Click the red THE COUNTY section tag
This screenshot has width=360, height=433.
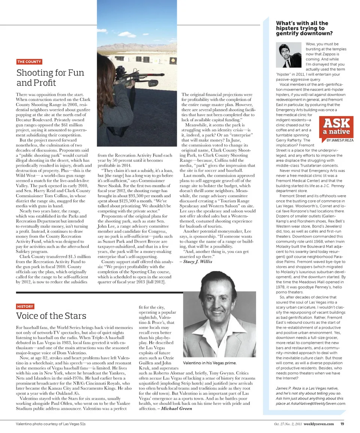(x=29, y=62)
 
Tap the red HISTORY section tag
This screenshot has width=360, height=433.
(x=25, y=306)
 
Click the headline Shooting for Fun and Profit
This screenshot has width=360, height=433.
(x=50, y=77)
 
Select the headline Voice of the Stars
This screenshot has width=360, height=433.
(x=51, y=316)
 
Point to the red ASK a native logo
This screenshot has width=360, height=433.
(x=336, y=127)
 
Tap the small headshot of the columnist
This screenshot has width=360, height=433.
(x=289, y=54)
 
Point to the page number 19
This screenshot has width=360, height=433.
(x=342, y=424)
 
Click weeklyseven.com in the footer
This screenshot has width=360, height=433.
(x=319, y=424)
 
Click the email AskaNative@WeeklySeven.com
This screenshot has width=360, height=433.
(x=321, y=403)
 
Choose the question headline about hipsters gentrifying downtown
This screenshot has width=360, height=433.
(x=302, y=28)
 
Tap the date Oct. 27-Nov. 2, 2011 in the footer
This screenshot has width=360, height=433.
(x=288, y=424)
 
